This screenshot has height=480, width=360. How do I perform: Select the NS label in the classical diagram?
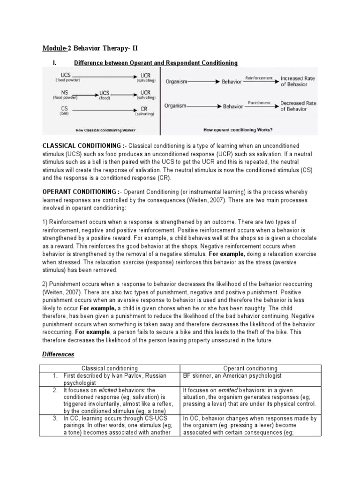click(64, 93)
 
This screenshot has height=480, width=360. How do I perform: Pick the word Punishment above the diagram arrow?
click(259, 102)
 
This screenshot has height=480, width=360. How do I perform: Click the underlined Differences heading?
click(59, 354)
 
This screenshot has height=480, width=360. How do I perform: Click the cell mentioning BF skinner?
click(226, 376)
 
